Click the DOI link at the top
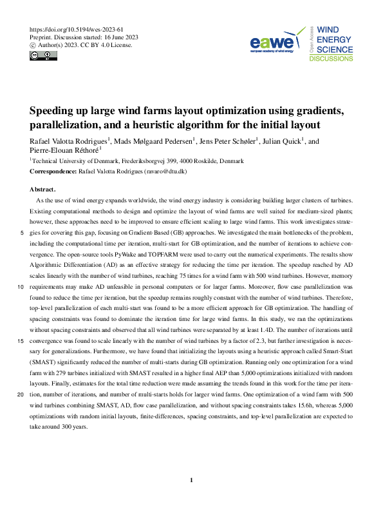pyautogui.click(x=77, y=30)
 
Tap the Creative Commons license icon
pyautogui.click(x=43, y=56)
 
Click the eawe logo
pyautogui.click(x=273, y=43)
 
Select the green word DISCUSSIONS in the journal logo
pyautogui.click(x=332, y=58)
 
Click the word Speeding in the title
pyautogui.click(x=55, y=110)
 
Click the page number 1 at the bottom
pyautogui.click(x=191, y=480)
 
